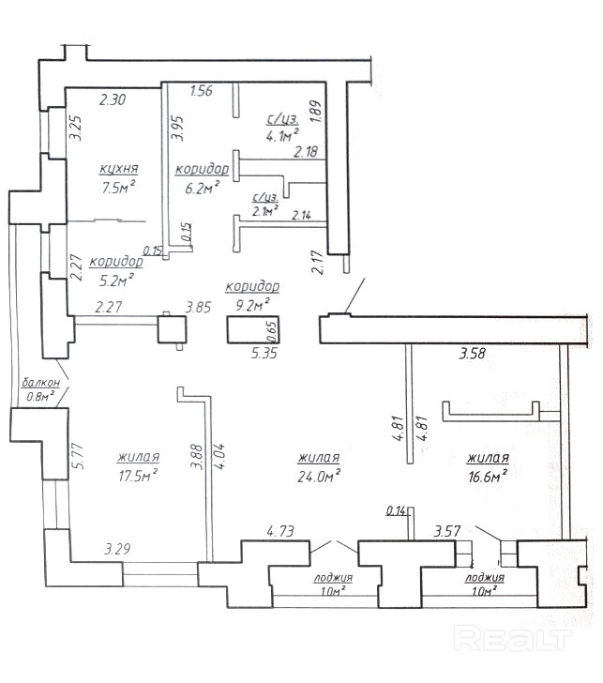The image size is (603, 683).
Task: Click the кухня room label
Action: (x=119, y=169)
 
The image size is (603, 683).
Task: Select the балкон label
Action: (x=40, y=383)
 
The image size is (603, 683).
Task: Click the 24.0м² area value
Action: (x=318, y=476)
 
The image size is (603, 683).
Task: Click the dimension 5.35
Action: (x=264, y=353)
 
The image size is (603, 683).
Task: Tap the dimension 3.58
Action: (x=473, y=353)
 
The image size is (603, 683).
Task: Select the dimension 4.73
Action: (x=280, y=531)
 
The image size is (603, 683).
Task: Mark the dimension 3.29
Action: (x=117, y=549)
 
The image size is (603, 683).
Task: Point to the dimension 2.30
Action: (x=113, y=99)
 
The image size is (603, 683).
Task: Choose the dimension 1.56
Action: (x=202, y=91)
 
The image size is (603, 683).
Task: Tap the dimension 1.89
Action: (x=316, y=111)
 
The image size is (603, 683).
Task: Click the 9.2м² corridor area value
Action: (x=252, y=304)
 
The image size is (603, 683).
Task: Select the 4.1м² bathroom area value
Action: (x=282, y=136)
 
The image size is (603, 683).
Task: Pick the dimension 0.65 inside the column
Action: (x=273, y=332)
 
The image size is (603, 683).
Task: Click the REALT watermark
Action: (x=512, y=639)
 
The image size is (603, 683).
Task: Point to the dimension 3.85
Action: (x=198, y=308)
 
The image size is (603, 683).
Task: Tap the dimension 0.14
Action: (x=396, y=510)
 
